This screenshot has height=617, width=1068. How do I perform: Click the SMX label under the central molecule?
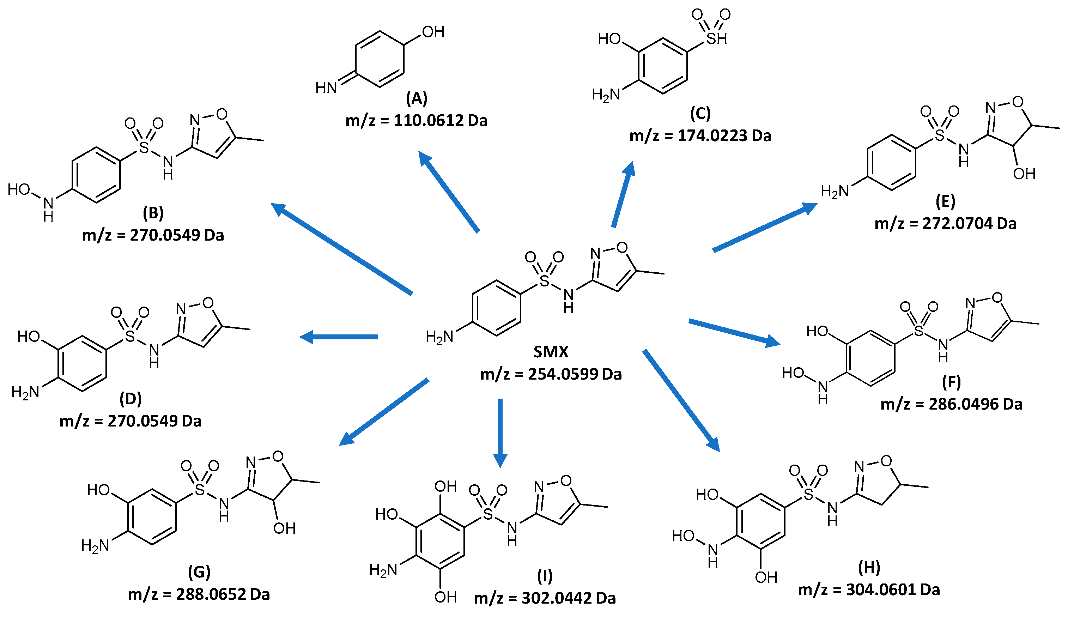coord(550,352)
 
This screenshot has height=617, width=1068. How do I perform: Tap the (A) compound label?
coord(417,98)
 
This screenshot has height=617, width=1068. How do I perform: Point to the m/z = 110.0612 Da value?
coord(417,121)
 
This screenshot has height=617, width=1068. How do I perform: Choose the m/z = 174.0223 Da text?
coord(700,135)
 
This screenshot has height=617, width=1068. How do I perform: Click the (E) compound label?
coord(945,201)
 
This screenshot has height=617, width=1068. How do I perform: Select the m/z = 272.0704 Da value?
coord(945,223)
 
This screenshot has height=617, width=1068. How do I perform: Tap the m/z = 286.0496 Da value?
coord(952,404)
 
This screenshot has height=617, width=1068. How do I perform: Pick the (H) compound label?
coord(869,567)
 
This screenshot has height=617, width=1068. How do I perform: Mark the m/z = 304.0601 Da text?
coord(869,590)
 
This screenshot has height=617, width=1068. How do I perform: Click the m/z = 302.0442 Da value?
coord(545,598)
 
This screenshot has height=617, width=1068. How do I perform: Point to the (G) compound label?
coord(199,572)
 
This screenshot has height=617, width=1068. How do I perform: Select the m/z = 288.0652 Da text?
coord(199,594)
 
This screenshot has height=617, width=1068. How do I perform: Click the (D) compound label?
coord(131,399)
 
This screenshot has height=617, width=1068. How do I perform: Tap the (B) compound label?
coord(153,213)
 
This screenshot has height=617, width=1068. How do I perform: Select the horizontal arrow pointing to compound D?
coord(339,337)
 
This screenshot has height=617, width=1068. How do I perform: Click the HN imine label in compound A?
coord(326,88)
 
